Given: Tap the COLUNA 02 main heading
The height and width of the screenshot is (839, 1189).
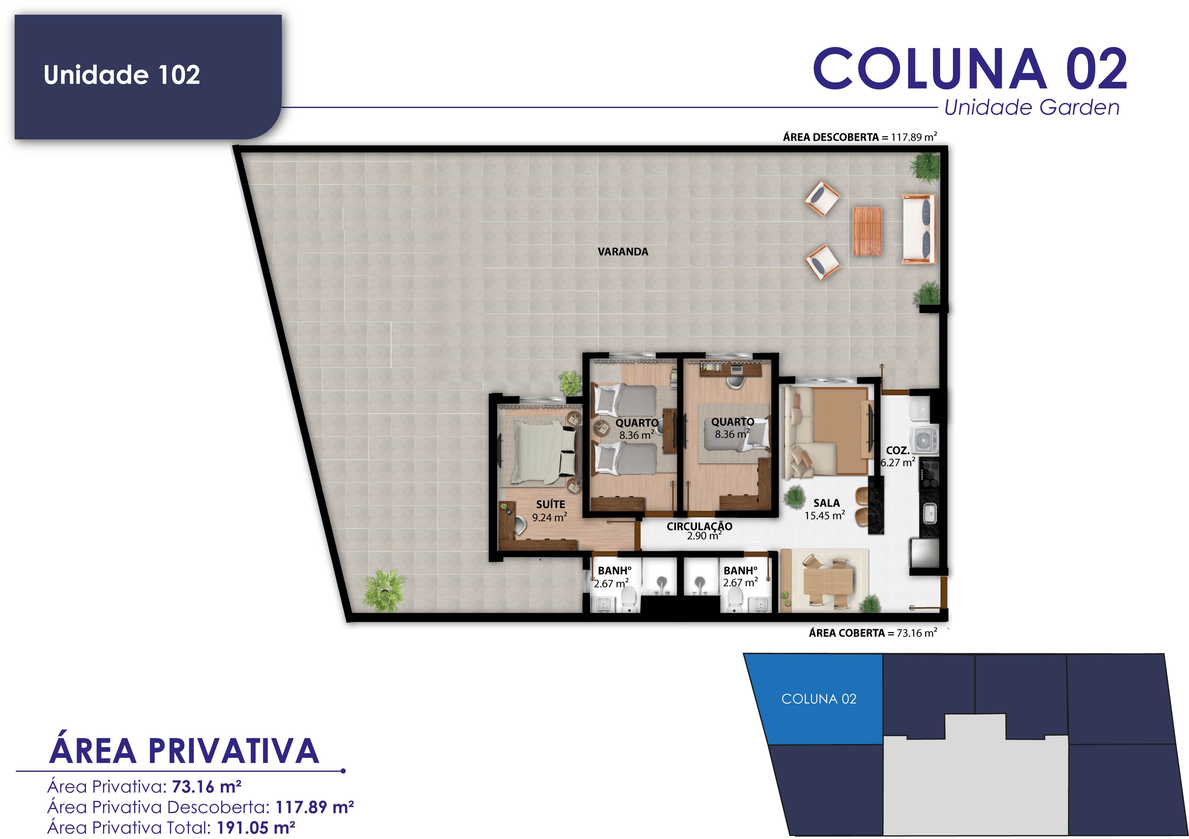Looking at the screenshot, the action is pos(970,69).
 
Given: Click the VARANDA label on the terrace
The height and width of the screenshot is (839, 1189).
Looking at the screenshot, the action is pos(623,252).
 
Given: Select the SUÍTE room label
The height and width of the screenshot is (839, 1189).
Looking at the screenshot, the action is pos(551,504).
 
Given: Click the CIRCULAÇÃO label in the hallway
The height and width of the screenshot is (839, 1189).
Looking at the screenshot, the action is pos(699,526).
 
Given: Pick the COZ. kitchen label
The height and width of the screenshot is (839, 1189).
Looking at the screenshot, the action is pos(897,450).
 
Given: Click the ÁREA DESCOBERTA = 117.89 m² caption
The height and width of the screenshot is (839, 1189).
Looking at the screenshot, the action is pos(860,137).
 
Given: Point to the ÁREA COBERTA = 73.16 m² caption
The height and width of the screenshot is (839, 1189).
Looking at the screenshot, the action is pos(872,633).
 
